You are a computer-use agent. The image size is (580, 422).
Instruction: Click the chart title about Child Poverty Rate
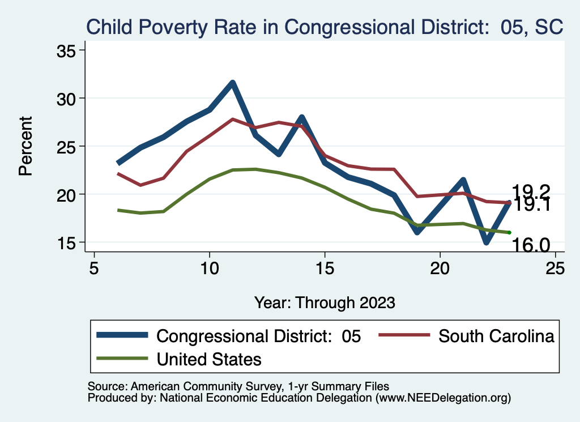click(323, 27)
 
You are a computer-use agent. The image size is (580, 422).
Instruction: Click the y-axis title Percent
click(25, 146)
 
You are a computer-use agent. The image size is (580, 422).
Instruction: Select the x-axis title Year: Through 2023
click(325, 302)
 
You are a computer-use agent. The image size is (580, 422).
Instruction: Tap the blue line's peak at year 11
click(232, 83)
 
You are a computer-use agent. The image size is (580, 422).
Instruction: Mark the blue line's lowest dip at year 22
click(487, 242)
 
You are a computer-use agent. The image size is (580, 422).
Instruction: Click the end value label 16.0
click(531, 245)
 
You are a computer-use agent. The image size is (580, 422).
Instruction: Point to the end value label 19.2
click(531, 191)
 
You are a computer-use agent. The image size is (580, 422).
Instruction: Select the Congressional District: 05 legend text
click(258, 336)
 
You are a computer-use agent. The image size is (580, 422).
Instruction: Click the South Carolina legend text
click(496, 336)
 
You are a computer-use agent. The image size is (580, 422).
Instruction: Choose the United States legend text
click(209, 359)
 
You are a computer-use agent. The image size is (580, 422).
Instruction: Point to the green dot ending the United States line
click(510, 232)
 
